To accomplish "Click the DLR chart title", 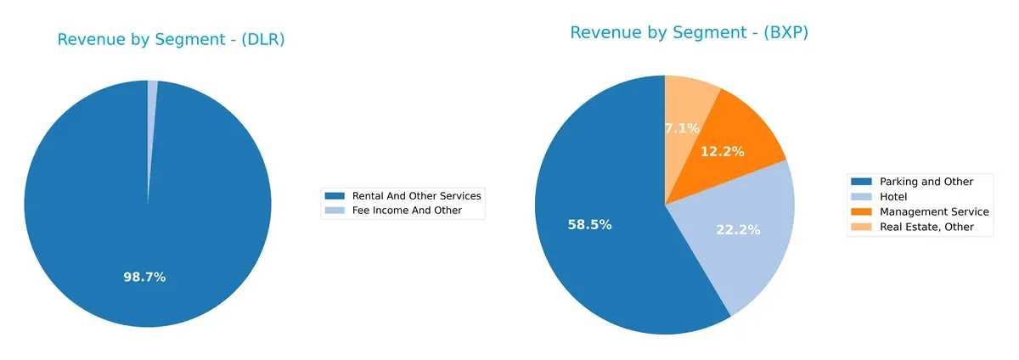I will click(171, 39).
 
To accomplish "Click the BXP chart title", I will click(689, 32).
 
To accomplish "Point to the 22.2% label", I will click(738, 229).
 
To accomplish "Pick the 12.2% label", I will click(723, 151).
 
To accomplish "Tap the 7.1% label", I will click(682, 128).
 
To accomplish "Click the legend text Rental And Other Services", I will click(416, 196).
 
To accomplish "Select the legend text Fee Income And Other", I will click(407, 211).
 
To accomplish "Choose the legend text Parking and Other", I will click(926, 182).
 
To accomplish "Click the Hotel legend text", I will click(895, 196).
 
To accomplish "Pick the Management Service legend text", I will click(934, 211).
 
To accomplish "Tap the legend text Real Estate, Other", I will click(926, 227).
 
